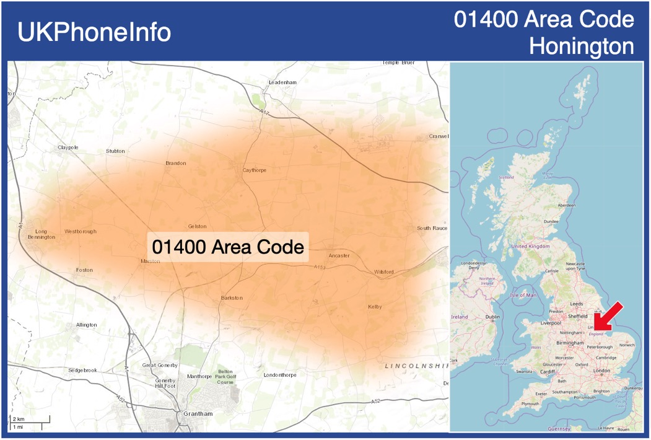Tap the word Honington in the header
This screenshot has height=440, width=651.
[x=582, y=46]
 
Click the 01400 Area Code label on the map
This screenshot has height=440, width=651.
[x=228, y=247]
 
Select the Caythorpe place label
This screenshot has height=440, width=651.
[x=254, y=170]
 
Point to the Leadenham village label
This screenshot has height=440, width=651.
[x=282, y=82]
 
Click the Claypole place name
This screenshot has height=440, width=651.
[x=68, y=147]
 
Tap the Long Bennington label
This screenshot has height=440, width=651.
[x=42, y=234]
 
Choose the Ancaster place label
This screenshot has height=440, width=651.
[x=339, y=255]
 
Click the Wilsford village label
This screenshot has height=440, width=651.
[x=384, y=272]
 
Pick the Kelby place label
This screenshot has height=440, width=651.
[x=375, y=307]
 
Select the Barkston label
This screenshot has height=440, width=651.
[x=232, y=298]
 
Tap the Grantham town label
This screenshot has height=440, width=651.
[x=194, y=413]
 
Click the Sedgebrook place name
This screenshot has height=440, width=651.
[x=83, y=370]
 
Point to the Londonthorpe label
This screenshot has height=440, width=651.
[x=280, y=375]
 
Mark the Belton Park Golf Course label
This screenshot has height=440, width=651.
[x=224, y=377]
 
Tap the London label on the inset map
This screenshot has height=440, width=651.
[x=601, y=371]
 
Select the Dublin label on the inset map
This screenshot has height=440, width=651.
[x=493, y=317]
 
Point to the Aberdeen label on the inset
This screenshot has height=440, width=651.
[x=566, y=205]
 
